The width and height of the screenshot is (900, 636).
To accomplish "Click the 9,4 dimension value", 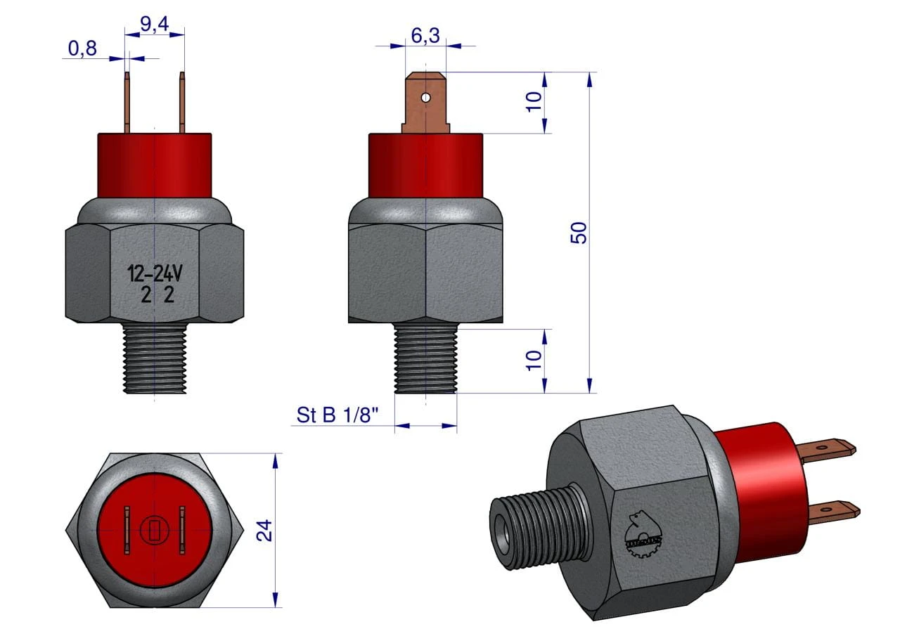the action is click(x=154, y=25).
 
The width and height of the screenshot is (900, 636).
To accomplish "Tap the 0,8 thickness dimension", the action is click(x=82, y=48).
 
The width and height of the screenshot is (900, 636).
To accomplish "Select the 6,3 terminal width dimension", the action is click(x=425, y=36).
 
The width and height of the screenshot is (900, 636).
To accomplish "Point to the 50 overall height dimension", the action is click(x=579, y=233).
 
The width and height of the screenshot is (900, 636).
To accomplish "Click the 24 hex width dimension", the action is click(x=264, y=531).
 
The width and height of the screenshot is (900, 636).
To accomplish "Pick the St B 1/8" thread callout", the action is click(x=337, y=415).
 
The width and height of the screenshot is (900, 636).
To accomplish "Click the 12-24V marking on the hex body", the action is click(x=155, y=274).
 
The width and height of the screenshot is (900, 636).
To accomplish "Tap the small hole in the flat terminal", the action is click(x=426, y=98).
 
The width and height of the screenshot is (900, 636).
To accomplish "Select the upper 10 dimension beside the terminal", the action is click(x=534, y=102).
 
